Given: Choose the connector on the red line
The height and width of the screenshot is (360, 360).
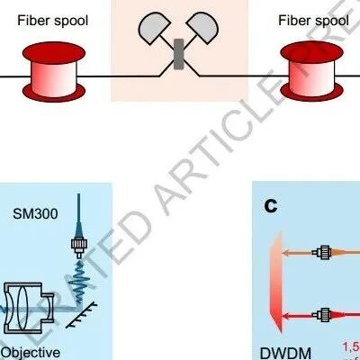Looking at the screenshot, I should (319, 315).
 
